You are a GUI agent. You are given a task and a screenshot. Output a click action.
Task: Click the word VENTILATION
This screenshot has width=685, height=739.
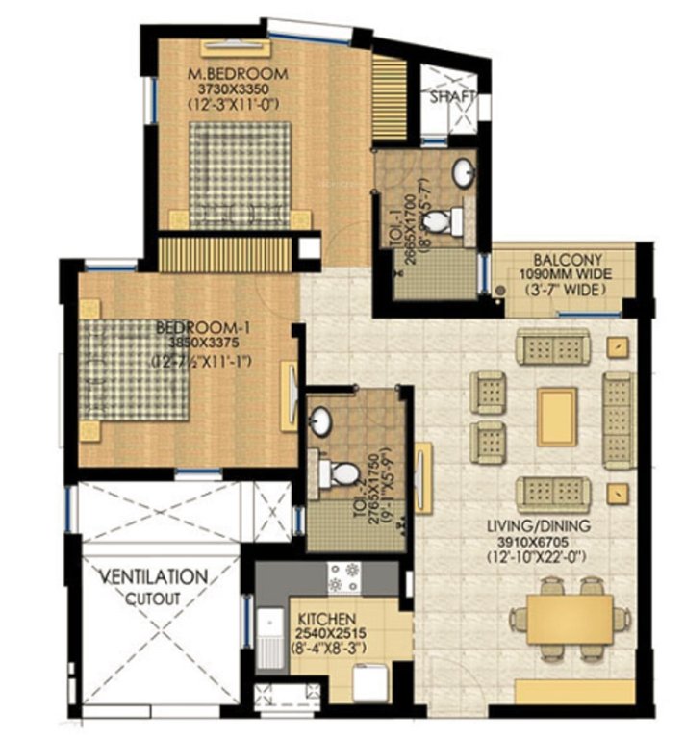[x=155, y=577]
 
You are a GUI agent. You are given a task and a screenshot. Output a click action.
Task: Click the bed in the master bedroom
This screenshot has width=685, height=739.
[x=240, y=173]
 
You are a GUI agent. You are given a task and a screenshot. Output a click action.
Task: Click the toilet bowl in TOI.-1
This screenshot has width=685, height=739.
[x=438, y=221]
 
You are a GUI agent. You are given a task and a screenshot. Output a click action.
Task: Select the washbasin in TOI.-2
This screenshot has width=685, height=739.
[x=321, y=421]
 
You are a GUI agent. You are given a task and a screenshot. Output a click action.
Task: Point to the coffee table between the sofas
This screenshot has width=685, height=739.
[x=557, y=416]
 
